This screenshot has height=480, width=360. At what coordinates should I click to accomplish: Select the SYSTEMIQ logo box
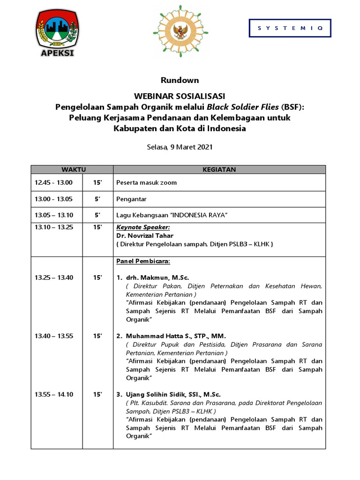pos(290,28)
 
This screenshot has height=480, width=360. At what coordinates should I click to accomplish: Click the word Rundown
pos(180,80)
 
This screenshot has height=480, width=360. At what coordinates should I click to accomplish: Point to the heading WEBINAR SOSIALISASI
pos(180,96)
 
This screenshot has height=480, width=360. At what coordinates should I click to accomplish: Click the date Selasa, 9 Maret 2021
pos(180,147)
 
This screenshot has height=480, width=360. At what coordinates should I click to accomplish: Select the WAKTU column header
pos(72,169)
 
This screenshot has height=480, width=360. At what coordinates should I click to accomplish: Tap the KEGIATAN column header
pos(219,169)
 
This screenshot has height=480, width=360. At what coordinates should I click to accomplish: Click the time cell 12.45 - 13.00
pos(53,183)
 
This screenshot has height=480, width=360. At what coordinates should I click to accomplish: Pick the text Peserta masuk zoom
pos(147,183)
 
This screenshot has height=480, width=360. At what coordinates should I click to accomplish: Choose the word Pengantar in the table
pos(131,199)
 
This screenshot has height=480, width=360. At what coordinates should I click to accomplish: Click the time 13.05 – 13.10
pos(53,215)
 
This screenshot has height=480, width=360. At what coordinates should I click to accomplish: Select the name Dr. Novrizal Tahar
pos(145,236)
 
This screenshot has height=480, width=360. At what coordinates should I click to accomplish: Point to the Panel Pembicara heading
pos(143,261)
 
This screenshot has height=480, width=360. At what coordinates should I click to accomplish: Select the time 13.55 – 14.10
pos(53,395)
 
